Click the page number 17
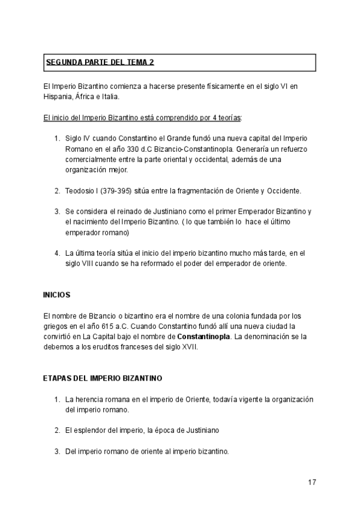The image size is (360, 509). (x=311, y=482)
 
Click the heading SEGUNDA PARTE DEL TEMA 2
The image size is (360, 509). (x=103, y=62)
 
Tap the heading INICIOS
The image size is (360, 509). (x=57, y=295)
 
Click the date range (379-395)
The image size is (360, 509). (x=121, y=191)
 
